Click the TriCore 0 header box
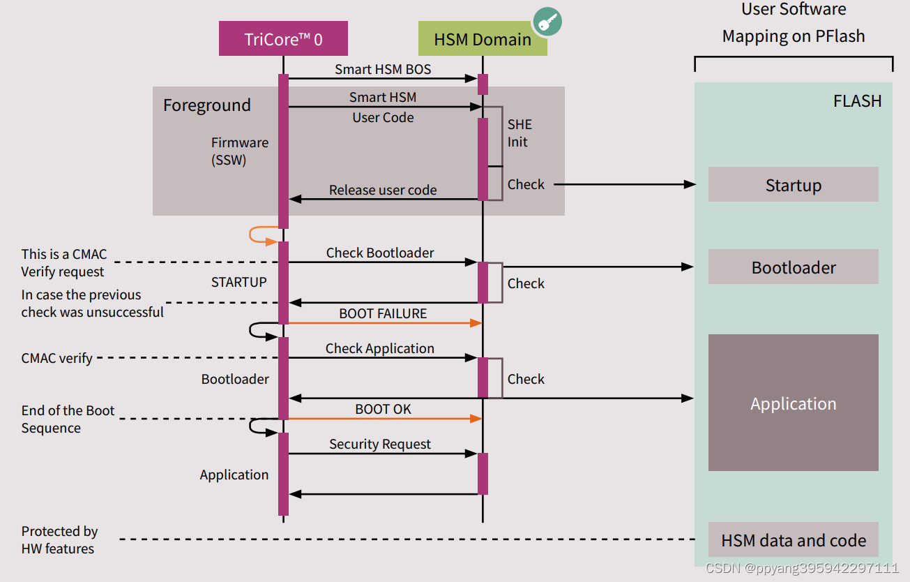pos(283,38)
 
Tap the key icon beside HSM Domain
pos(548,22)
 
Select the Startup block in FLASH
pos(793,185)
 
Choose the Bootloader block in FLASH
pos(793,267)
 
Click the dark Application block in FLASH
pos(793,403)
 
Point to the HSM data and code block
pos(793,540)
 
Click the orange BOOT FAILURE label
pos(382,313)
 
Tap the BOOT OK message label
pos(382,409)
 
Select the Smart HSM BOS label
pos(382,69)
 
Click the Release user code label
pos(382,190)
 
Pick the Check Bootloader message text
pos(379,253)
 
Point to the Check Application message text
pos(379,348)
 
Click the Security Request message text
pos(379,444)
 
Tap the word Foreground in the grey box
pos(206,105)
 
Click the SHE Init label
pos(519,133)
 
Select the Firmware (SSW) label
pos(239,151)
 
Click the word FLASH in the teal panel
pos(857,101)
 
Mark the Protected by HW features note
pos(59,540)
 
